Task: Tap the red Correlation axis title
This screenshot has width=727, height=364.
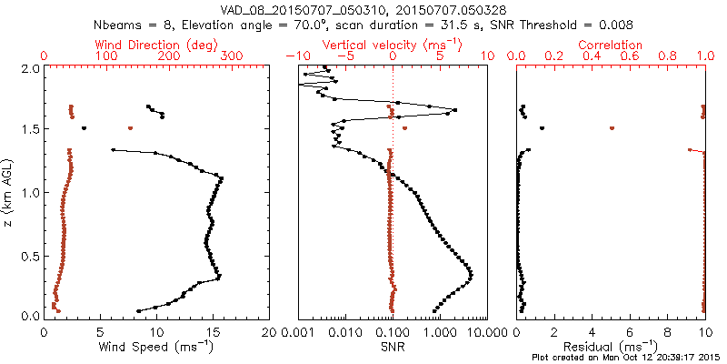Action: (x=611, y=45)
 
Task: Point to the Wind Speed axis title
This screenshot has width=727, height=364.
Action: (x=156, y=348)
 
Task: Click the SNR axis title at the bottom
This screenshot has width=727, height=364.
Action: (x=393, y=348)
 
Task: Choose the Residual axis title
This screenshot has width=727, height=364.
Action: (x=611, y=348)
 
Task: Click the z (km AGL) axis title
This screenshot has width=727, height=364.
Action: (x=8, y=192)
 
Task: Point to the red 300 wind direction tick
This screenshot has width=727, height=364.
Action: (x=232, y=56)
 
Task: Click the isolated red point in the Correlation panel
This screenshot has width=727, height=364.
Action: (x=612, y=128)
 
